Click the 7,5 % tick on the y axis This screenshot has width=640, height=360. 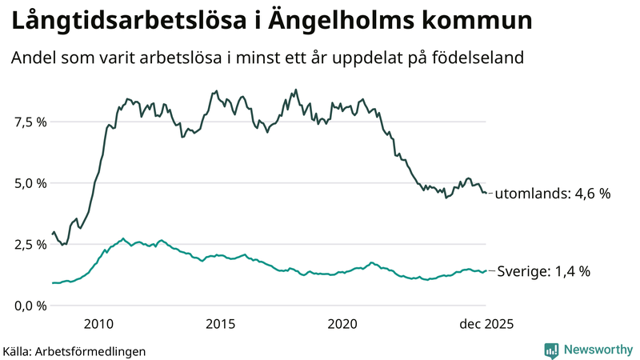tap(30, 122)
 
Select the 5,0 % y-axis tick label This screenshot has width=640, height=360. tap(30, 183)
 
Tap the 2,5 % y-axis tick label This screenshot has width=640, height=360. tap(30, 244)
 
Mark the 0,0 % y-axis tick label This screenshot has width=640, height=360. tap(30, 306)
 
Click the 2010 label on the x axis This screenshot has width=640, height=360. tap(98, 324)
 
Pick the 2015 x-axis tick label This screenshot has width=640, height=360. tap(220, 324)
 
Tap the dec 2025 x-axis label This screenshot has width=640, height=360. tap(485, 324)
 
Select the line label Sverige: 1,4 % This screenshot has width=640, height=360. tap(544, 271)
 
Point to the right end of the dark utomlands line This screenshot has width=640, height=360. tap(486, 193)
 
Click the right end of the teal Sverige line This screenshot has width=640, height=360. tap(486, 270)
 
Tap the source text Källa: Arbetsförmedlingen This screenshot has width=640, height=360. tap(74, 351)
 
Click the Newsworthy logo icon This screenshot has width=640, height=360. tap(551, 350)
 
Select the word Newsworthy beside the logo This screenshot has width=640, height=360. tap(598, 350)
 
